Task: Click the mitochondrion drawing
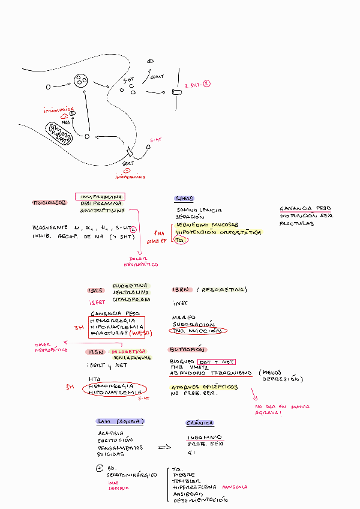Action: click(59, 133)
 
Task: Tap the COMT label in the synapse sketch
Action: click(158, 77)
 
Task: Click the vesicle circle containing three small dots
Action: click(80, 81)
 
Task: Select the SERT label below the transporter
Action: click(128, 163)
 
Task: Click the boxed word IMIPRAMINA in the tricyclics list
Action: click(100, 196)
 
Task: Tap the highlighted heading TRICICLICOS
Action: click(49, 203)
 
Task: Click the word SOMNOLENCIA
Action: click(199, 209)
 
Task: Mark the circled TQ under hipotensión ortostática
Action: click(179, 239)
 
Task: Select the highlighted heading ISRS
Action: click(96, 290)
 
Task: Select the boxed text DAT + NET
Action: click(216, 361)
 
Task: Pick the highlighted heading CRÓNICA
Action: click(200, 423)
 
